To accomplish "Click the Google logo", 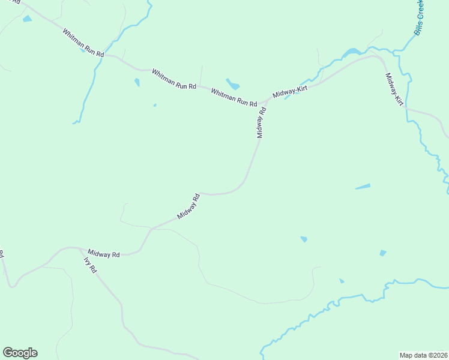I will point(20,353).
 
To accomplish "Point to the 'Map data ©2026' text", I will point(423,355).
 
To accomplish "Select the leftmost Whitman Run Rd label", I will point(83,42).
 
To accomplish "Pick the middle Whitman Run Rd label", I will point(174,79).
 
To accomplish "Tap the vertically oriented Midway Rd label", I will point(261,123).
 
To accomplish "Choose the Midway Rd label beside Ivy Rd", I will point(104,254).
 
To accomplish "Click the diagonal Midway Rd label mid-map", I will point(188,206).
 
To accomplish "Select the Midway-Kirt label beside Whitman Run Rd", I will point(289,92).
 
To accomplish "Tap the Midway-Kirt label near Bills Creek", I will point(394,90).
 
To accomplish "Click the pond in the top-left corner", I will point(27,19).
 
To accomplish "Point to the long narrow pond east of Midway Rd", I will point(363,187).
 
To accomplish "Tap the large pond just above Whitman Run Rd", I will point(232,84).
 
